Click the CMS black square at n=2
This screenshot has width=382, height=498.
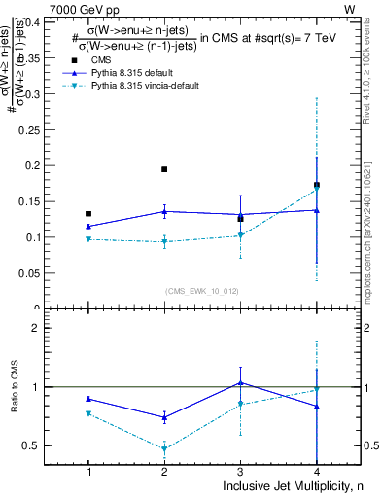tap(164, 169)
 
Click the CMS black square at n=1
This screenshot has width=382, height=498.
tap(88, 213)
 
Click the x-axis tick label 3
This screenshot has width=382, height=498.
tap(240, 472)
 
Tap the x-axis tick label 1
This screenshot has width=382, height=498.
tap(88, 472)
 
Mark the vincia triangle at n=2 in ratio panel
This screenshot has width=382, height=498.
tap(164, 449)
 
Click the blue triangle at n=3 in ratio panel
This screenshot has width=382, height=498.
tap(240, 382)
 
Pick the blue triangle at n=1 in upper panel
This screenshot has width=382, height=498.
tap(88, 226)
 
